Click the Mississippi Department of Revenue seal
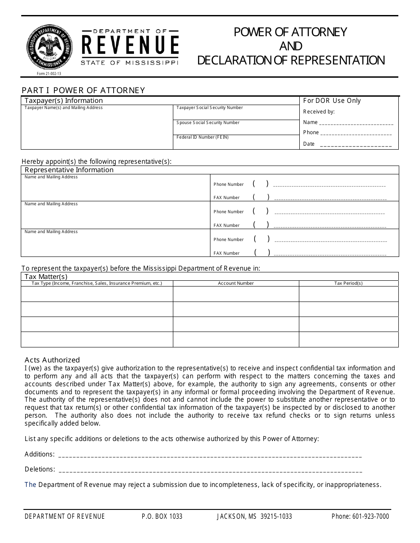(49, 45)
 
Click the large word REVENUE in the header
(130, 46)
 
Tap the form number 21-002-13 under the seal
(49, 74)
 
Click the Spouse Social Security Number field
(236, 128)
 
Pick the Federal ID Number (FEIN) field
(236, 143)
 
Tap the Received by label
(319, 112)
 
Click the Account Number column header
(236, 283)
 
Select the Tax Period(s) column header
(348, 283)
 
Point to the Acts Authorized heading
(52, 360)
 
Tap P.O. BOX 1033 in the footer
(162, 517)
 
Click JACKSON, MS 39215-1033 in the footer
(254, 517)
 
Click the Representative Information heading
(69, 170)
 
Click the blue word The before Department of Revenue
(30, 485)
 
